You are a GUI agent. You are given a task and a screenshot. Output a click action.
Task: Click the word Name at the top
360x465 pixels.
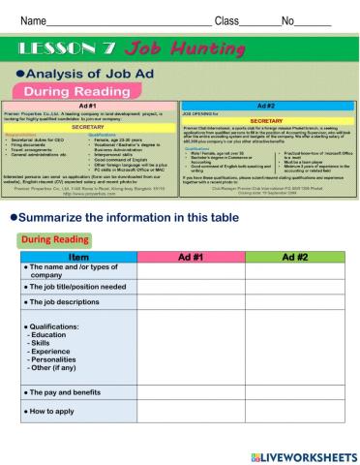pyautogui.click(x=34, y=20)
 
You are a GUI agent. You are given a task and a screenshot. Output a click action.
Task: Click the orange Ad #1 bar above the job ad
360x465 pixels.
pyautogui.click(x=90, y=106)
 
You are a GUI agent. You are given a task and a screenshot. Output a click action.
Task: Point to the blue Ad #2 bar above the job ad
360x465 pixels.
pyautogui.click(x=269, y=106)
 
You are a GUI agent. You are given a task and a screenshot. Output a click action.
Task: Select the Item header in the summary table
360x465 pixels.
pyautogui.click(x=79, y=257)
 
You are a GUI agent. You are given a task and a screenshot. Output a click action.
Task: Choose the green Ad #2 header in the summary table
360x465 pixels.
pyautogui.click(x=294, y=257)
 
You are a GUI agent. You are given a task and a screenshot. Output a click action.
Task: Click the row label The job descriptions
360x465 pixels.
pyautogui.click(x=62, y=303)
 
